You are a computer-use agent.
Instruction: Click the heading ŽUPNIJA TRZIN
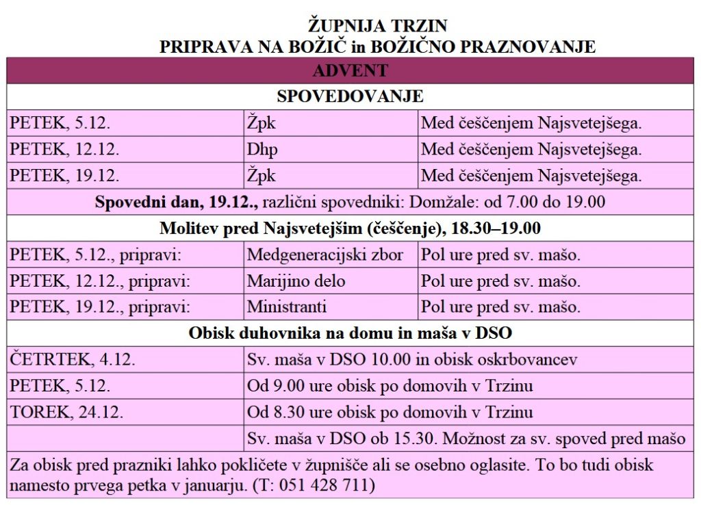click(x=377, y=26)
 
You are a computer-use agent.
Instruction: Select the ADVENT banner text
click(x=350, y=70)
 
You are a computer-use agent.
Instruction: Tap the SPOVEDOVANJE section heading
click(x=350, y=96)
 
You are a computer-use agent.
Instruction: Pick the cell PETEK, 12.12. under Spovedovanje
click(x=65, y=149)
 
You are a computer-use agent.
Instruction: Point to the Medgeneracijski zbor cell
click(x=325, y=255)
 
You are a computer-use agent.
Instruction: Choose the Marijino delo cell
click(x=296, y=281)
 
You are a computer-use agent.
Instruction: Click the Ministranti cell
click(x=287, y=307)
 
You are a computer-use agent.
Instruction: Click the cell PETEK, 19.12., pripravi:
click(x=100, y=307)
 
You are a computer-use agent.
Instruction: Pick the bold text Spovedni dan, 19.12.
click(x=177, y=203)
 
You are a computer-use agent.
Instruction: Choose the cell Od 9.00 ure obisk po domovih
click(x=390, y=386)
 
